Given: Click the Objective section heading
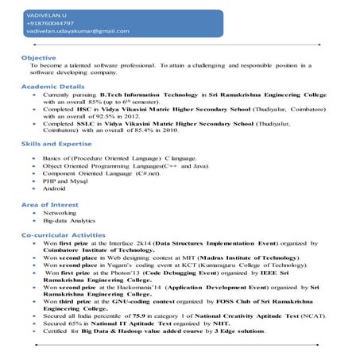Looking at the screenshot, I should pos(38,58).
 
